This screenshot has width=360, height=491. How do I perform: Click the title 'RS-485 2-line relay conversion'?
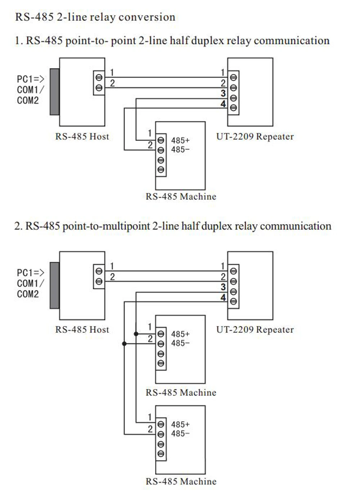pyautogui.click(x=95, y=17)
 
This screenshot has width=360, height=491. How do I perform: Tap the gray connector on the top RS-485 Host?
pyautogui.click(x=55, y=92)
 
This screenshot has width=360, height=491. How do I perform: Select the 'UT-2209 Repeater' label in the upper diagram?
pyautogui.click(x=255, y=137)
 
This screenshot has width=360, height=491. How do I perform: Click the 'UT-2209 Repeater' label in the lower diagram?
pyautogui.click(x=255, y=330)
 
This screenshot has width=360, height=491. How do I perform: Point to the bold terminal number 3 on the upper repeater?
pyautogui.click(x=223, y=93)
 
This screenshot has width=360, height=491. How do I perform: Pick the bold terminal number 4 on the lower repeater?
pyautogui.click(x=223, y=298)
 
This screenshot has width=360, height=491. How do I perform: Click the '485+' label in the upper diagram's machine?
pyautogui.click(x=180, y=140)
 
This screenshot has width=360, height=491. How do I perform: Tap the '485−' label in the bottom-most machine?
pyautogui.click(x=180, y=434)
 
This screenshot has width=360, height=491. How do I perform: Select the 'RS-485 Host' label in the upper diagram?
pyautogui.click(x=82, y=137)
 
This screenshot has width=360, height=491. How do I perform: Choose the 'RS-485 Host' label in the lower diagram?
pyautogui.click(x=82, y=330)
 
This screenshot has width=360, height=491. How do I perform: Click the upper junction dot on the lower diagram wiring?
pyautogui.click(x=136, y=334)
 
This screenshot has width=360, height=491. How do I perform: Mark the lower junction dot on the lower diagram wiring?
pyautogui.click(x=125, y=344)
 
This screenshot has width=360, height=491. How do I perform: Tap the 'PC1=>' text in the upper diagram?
pyautogui.click(x=31, y=79)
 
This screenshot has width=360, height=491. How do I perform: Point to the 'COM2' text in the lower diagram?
pyautogui.click(x=28, y=294)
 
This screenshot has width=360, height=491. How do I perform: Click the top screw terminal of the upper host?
pyautogui.click(x=99, y=77)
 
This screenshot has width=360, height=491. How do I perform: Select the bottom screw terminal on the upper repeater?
pyautogui.click(x=233, y=108)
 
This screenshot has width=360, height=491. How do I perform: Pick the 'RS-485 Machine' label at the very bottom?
pyautogui.click(x=181, y=482)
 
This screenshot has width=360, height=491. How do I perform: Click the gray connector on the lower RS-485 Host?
pyautogui.click(x=55, y=285)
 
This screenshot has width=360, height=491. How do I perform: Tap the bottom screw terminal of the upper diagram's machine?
pyautogui.click(x=161, y=170)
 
